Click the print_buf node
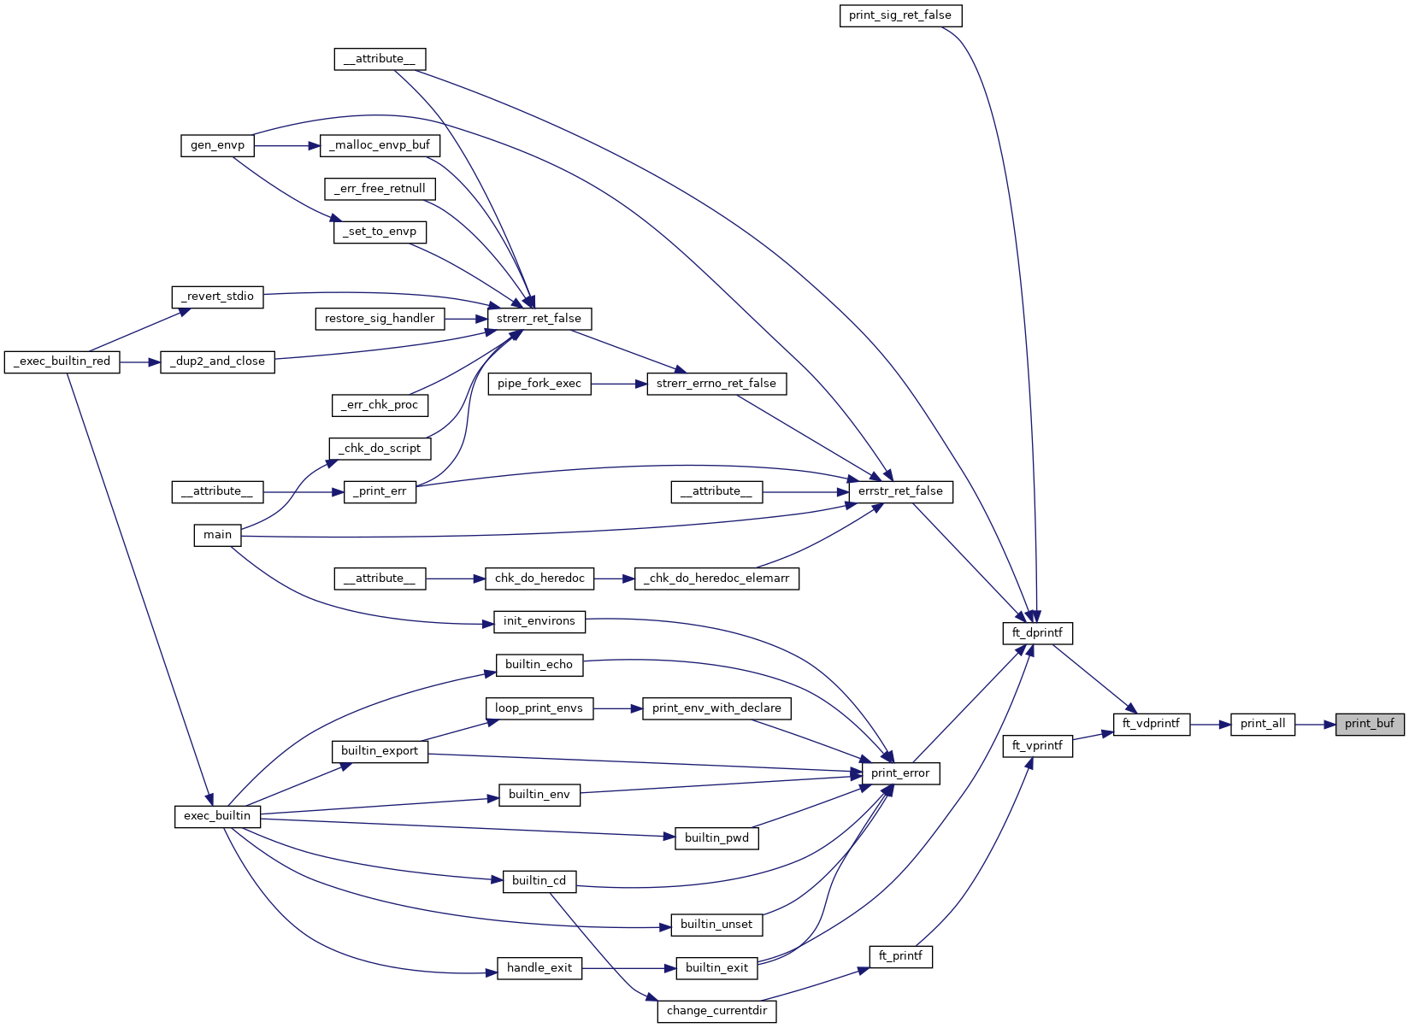tap(1369, 724)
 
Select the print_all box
tap(1263, 724)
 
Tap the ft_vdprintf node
tap(1151, 724)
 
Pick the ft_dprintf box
tap(1037, 633)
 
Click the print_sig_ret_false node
tap(900, 15)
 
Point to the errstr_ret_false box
tap(900, 491)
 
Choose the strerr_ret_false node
tap(539, 319)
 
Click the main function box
tap(217, 535)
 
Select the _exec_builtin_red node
tap(62, 361)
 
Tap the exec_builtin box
tap(217, 816)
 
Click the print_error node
tap(900, 773)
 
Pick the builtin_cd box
tap(539, 881)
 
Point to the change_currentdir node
tap(716, 1011)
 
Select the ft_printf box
tap(900, 956)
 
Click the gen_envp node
tap(217, 145)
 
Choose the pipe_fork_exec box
tap(539, 384)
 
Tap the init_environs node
tap(539, 621)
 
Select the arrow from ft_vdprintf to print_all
tap(1209, 725)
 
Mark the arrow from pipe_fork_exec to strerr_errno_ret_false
tap(618, 384)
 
